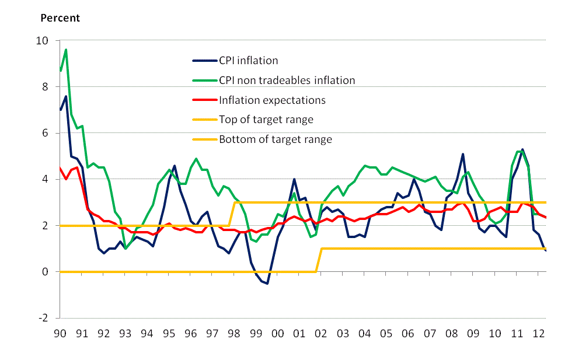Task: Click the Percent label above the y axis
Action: [60, 18]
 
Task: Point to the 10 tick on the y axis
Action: [48, 41]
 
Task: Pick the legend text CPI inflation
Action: [248, 60]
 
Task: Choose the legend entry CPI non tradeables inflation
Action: [287, 80]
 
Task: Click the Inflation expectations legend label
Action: [272, 100]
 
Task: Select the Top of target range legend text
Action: [266, 120]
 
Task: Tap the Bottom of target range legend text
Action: [276, 139]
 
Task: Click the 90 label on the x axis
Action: [60, 334]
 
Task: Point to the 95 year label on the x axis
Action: [169, 334]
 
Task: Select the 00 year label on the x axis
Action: [277, 334]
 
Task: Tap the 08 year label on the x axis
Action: [451, 334]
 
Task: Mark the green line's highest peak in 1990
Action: [66, 50]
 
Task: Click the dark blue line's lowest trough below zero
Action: [267, 284]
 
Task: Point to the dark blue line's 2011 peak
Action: [522, 149]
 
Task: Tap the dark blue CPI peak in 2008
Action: [463, 154]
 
